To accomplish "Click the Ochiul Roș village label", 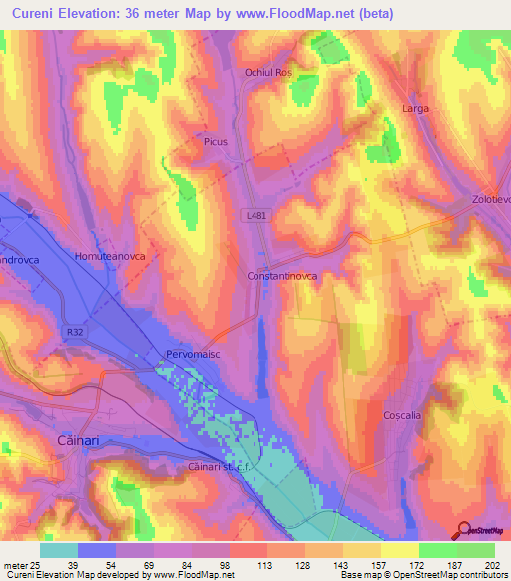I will (x=267, y=73).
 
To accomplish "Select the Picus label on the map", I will (x=216, y=142).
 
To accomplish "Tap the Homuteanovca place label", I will (x=110, y=256).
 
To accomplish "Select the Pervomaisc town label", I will (x=192, y=354).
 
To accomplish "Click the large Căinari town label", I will (x=73, y=440).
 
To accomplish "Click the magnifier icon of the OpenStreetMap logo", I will (x=462, y=530).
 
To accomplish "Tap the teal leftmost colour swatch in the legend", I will (x=59, y=550).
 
